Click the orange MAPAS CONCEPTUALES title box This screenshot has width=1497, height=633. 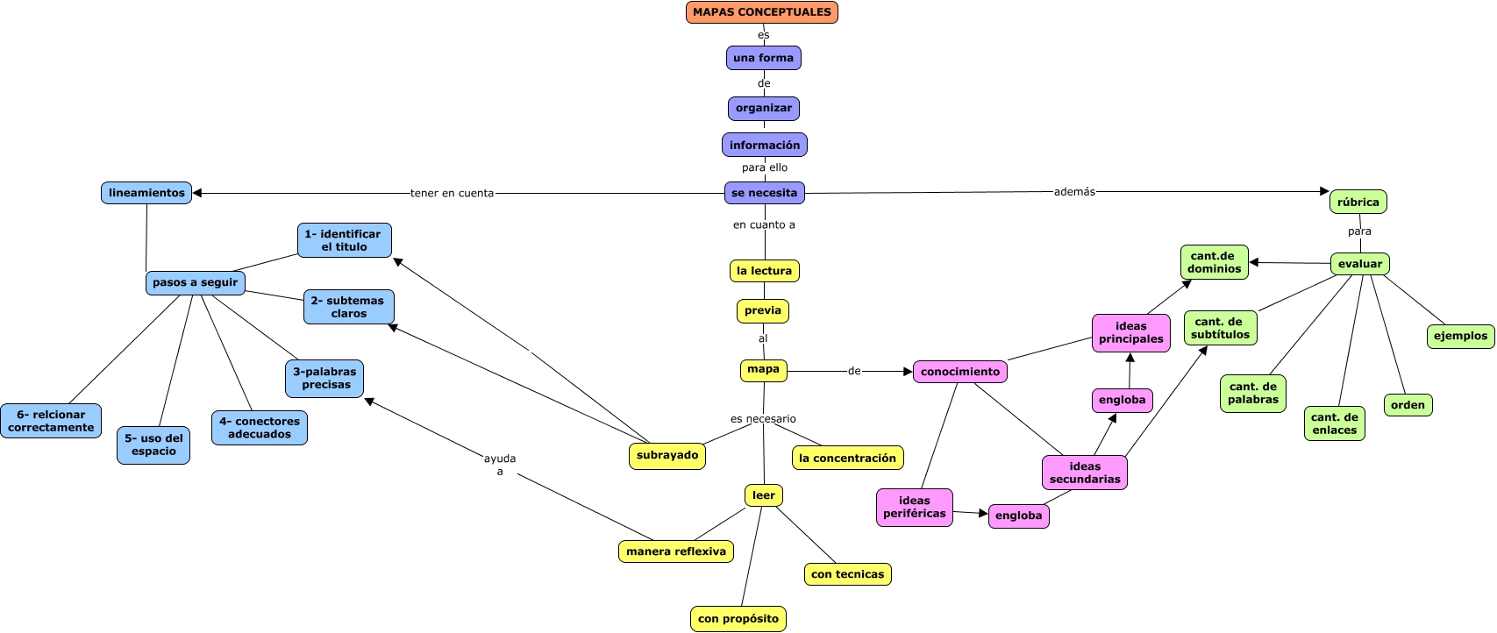coord(761,12)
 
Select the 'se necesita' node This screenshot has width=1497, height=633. coord(764,193)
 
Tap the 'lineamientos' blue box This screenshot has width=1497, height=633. coord(146,193)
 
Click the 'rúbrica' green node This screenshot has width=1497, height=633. coord(1358,202)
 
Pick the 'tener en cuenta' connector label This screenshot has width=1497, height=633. coord(452,193)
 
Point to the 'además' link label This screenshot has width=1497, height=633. coord(1074,191)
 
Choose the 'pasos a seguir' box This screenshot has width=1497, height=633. coord(195,282)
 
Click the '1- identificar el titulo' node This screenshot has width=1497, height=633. coord(344,240)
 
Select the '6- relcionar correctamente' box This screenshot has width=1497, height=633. coord(51,421)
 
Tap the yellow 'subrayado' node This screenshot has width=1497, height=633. coord(667,456)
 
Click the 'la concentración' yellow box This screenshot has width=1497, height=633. coord(847,458)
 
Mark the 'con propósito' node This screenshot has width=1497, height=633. coord(738,618)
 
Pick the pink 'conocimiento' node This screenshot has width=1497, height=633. coord(959,372)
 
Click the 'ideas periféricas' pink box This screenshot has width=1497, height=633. coord(914,508)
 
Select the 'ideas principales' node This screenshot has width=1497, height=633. coord(1130,333)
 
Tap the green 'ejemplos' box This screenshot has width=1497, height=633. coord(1460,336)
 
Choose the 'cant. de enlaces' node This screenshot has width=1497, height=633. coord(1334,423)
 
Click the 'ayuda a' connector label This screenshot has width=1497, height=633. coord(500,465)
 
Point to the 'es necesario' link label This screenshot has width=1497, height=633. coord(763,419)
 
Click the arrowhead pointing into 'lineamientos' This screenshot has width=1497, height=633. coord(197,193)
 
